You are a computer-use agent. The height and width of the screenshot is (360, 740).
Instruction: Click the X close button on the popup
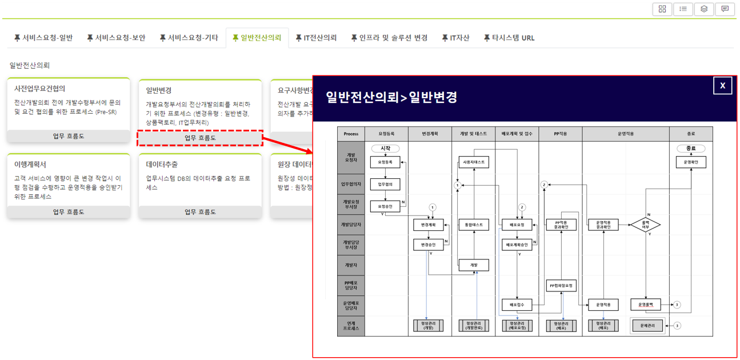tap(722, 85)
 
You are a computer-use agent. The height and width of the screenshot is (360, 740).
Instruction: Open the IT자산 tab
tap(455, 38)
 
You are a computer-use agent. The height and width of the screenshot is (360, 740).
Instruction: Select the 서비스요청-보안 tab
tap(116, 38)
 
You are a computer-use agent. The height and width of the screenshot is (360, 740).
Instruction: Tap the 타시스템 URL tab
tap(509, 38)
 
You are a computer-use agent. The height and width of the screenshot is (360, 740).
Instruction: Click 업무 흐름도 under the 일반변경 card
tap(200, 138)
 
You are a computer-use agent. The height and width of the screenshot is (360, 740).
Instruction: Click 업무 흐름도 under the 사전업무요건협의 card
tap(69, 136)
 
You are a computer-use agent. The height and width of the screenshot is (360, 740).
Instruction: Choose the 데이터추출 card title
tap(162, 164)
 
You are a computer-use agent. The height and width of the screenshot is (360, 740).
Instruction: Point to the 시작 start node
tap(385, 149)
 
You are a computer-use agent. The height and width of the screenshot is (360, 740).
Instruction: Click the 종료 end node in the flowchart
tap(691, 149)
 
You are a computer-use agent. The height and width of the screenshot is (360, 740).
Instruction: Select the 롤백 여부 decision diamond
tap(645, 225)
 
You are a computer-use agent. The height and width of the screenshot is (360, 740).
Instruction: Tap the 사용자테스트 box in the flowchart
tap(473, 162)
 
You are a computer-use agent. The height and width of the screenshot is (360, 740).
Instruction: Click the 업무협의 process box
tap(385, 184)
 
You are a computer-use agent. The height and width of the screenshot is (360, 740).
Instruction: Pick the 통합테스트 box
tap(473, 225)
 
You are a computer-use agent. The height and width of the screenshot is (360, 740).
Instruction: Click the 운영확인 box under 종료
tap(691, 162)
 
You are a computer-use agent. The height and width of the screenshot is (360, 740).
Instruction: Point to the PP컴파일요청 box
tap(561, 285)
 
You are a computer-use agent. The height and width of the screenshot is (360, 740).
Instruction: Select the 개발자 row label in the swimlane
tap(351, 265)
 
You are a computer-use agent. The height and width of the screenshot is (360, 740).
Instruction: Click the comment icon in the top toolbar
tap(725, 9)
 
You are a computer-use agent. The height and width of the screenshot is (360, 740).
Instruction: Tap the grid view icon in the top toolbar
tap(662, 9)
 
